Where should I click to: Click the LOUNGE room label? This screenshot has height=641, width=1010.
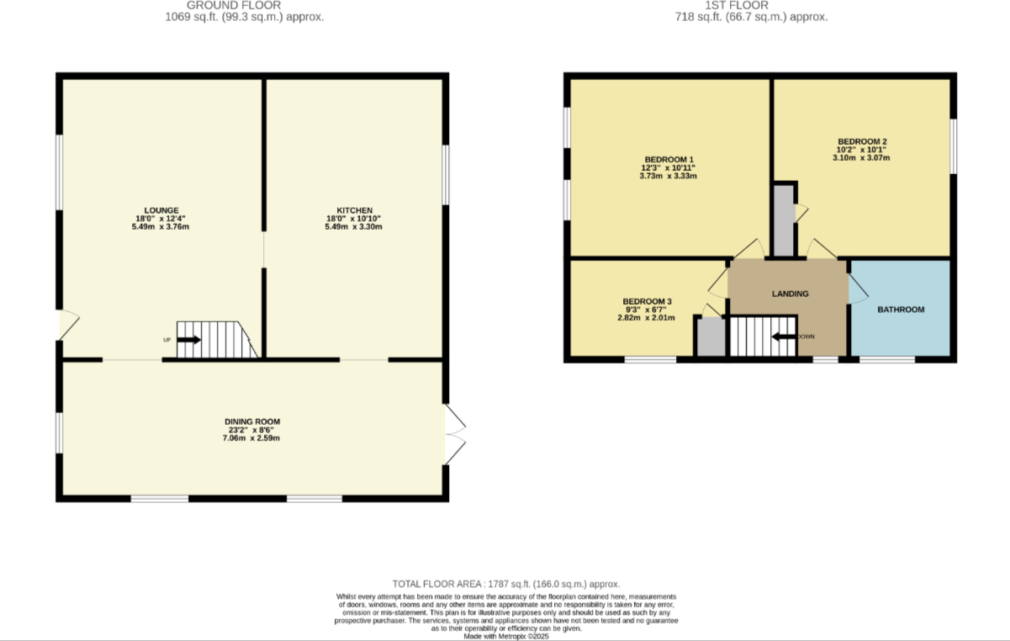pyautogui.click(x=161, y=210)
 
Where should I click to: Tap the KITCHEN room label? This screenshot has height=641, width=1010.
pyautogui.click(x=353, y=210)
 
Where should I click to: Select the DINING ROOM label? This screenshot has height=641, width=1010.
pyautogui.click(x=251, y=421)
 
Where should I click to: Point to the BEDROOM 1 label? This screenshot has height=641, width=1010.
pyautogui.click(x=669, y=160)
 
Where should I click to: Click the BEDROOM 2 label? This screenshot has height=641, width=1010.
pyautogui.click(x=862, y=141)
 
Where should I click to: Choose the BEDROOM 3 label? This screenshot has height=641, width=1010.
pyautogui.click(x=647, y=301)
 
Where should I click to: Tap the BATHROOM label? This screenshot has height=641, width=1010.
pyautogui.click(x=901, y=310)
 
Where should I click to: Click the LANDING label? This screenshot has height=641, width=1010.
pyautogui.click(x=790, y=294)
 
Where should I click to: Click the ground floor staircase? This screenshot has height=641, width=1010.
pyautogui.click(x=215, y=340)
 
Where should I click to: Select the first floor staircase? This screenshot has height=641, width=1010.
pyautogui.click(x=761, y=336)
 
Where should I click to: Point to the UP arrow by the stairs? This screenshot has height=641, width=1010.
pyautogui.click(x=188, y=340)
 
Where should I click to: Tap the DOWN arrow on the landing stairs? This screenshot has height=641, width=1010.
pyautogui.click(x=783, y=336)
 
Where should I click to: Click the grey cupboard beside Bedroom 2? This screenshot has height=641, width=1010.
pyautogui.click(x=783, y=220)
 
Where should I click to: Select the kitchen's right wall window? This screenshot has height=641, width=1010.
pyautogui.click(x=445, y=174)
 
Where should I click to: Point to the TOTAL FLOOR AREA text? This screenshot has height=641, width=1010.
pyautogui.click(x=505, y=584)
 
